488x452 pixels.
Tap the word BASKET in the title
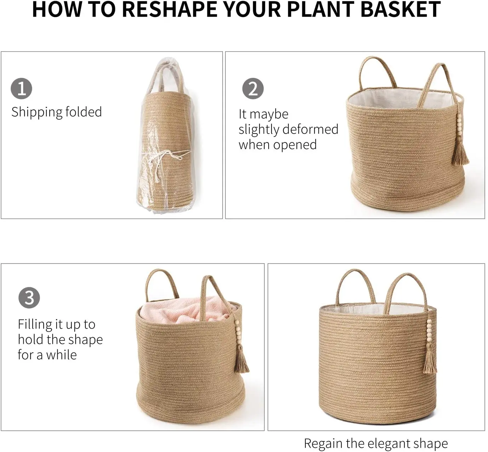400,10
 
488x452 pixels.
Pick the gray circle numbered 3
29,297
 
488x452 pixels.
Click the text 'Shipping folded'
57,112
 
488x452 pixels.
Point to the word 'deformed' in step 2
312,129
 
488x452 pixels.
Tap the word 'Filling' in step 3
35,324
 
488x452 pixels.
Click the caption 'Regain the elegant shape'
375,443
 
